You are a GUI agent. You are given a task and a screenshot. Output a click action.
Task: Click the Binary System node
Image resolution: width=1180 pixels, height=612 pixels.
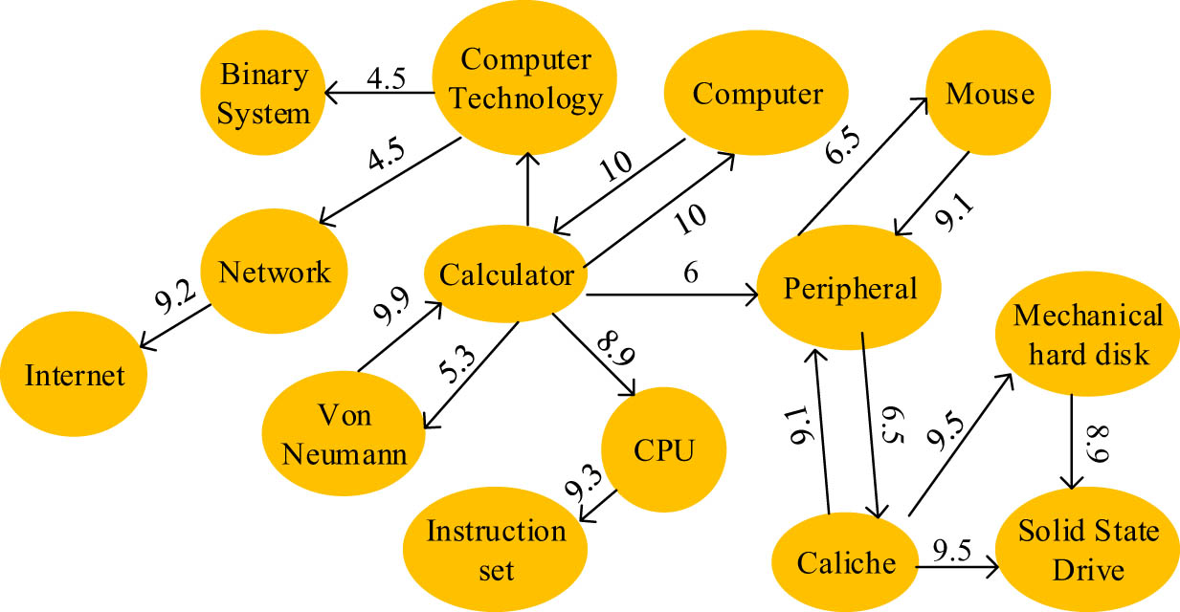(x=262, y=93)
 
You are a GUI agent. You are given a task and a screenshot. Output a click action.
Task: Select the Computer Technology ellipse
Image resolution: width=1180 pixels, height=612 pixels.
(x=524, y=78)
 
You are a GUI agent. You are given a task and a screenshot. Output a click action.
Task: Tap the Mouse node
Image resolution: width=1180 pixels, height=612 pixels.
(x=990, y=94)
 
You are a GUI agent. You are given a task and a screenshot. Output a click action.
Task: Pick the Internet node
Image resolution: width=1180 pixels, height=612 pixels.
(x=75, y=374)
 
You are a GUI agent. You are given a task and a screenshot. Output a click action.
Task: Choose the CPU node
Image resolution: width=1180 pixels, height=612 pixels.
(x=663, y=450)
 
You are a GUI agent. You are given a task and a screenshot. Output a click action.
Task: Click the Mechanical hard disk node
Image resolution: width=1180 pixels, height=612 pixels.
(x=1088, y=334)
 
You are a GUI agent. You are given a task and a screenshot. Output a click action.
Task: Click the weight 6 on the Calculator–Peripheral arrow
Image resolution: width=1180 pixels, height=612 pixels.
(x=690, y=273)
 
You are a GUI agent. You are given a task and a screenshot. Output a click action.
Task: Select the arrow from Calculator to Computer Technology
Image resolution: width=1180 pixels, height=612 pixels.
(x=525, y=190)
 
